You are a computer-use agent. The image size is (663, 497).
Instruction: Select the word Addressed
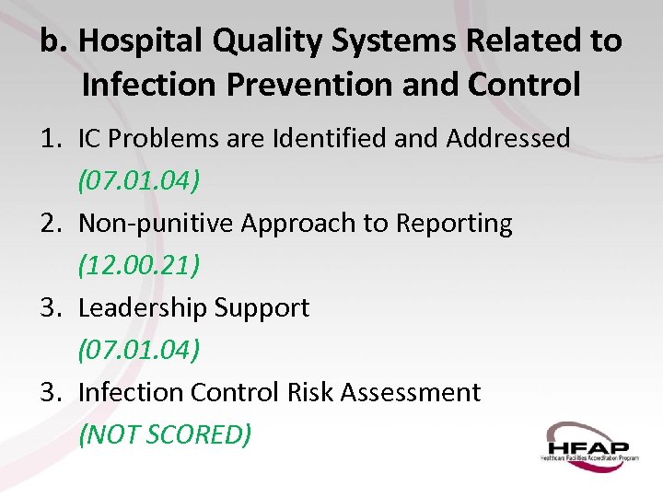point(507,138)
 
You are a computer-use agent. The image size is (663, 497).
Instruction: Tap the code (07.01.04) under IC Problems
point(139,180)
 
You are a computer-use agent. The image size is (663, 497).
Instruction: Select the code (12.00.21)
point(139,265)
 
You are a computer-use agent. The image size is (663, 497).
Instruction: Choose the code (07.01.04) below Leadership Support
point(139,350)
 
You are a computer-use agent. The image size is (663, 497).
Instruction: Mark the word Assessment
point(411,392)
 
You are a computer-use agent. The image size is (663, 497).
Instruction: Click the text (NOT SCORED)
point(165,434)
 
